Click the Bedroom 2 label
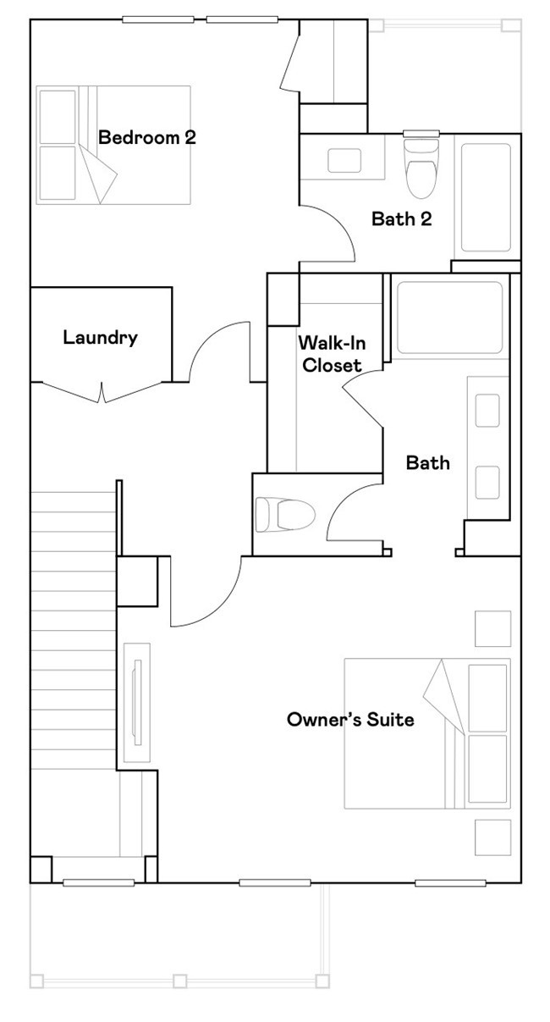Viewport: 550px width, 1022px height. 147,137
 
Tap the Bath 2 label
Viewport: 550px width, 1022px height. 402,219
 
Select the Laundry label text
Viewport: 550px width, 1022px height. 100,338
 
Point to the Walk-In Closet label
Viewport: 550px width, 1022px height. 330,355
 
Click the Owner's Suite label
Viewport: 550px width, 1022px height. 350,720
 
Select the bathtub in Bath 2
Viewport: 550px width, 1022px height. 486,198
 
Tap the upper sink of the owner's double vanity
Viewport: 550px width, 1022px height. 487,412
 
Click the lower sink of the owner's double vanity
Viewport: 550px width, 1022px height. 487,481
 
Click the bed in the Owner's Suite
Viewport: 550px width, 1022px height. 427,733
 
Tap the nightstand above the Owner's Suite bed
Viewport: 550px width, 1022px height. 492,628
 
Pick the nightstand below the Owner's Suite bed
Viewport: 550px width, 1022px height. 492,837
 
